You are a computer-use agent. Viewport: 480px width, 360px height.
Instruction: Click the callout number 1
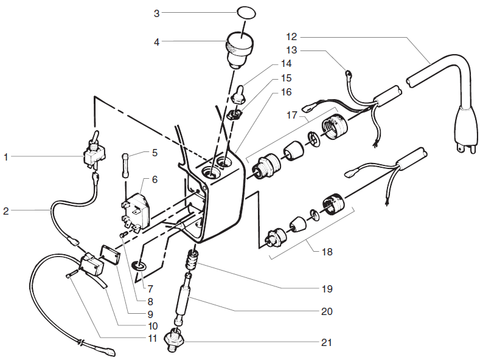tap(6, 157)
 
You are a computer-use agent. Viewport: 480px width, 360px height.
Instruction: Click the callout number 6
tap(155, 181)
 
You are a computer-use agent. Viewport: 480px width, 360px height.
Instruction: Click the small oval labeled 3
tap(245, 12)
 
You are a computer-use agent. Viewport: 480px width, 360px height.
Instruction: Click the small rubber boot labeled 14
tap(240, 92)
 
